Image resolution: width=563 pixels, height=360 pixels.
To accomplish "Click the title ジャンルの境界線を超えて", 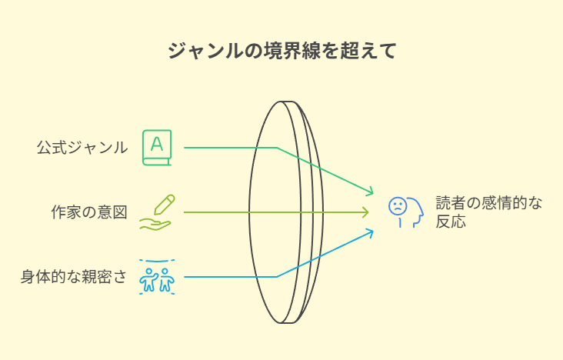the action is coord(281,51).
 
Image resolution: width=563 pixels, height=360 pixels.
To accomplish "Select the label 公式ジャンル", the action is coord(82,148).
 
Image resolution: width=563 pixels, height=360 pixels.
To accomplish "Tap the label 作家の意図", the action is coord(89,212).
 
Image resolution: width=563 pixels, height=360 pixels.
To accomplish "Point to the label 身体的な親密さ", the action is coord(74,277).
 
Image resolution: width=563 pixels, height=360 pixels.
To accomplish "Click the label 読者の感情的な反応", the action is coord(488,212).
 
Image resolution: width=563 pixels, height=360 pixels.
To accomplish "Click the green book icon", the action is coord(157,148).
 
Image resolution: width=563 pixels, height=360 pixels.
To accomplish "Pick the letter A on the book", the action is coord(157,144).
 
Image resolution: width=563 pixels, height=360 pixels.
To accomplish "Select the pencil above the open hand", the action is coord(165,205).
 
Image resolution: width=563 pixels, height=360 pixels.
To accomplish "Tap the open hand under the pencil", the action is coord(155,225).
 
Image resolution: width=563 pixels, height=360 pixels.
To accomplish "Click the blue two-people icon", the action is coord(157,280).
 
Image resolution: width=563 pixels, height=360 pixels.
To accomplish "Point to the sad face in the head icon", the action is coord(398,206).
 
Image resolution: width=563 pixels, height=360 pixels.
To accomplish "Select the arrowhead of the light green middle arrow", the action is coord(366,212).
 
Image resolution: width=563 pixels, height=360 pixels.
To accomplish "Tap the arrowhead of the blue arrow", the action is coord(371,232).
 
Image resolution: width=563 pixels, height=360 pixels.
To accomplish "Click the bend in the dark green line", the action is coord(277,148).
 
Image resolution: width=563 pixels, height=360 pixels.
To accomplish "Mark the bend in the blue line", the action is coord(277,277).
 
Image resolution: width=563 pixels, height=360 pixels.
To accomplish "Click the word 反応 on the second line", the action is coord(451,222).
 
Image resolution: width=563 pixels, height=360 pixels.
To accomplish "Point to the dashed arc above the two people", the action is coord(157,261).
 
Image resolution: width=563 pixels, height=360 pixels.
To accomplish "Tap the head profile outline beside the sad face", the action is coord(416,212).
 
